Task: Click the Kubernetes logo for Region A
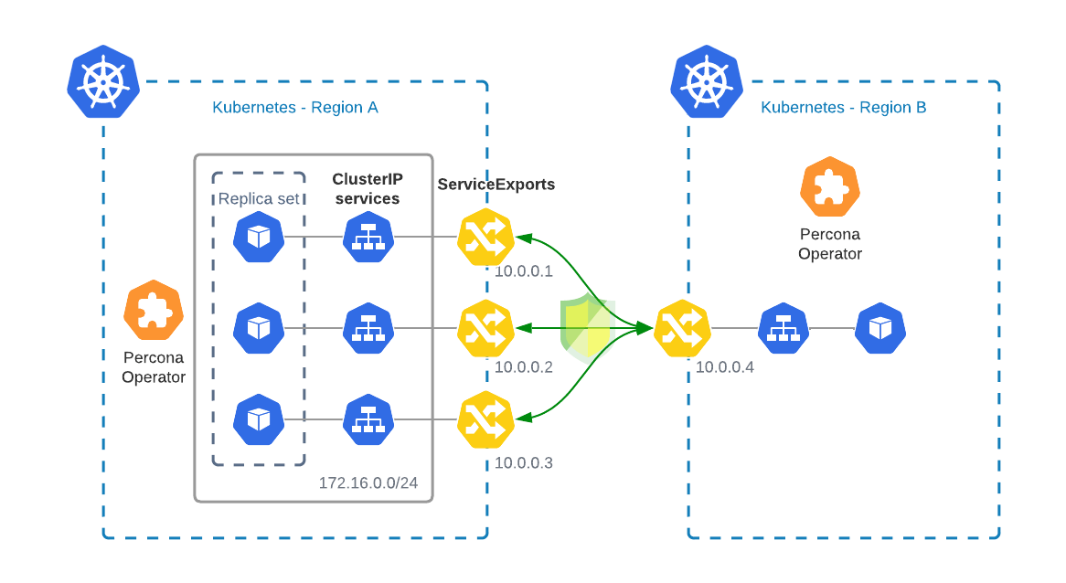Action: pos(103,81)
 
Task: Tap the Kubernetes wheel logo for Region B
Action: pos(707,81)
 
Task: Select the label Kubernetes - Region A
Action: pos(294,108)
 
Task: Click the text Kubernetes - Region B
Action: pos(843,108)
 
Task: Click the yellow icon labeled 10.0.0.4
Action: pos(683,328)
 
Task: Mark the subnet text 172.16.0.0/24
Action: pos(368,482)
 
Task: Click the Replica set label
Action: pos(259,198)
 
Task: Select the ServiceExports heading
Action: pos(496,185)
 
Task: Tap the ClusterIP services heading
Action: pos(367,189)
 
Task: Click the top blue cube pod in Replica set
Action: pos(259,237)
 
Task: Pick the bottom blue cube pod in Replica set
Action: pos(259,419)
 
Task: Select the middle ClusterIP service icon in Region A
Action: pos(368,328)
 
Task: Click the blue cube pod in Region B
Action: pos(879,328)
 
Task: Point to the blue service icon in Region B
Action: pos(784,328)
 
